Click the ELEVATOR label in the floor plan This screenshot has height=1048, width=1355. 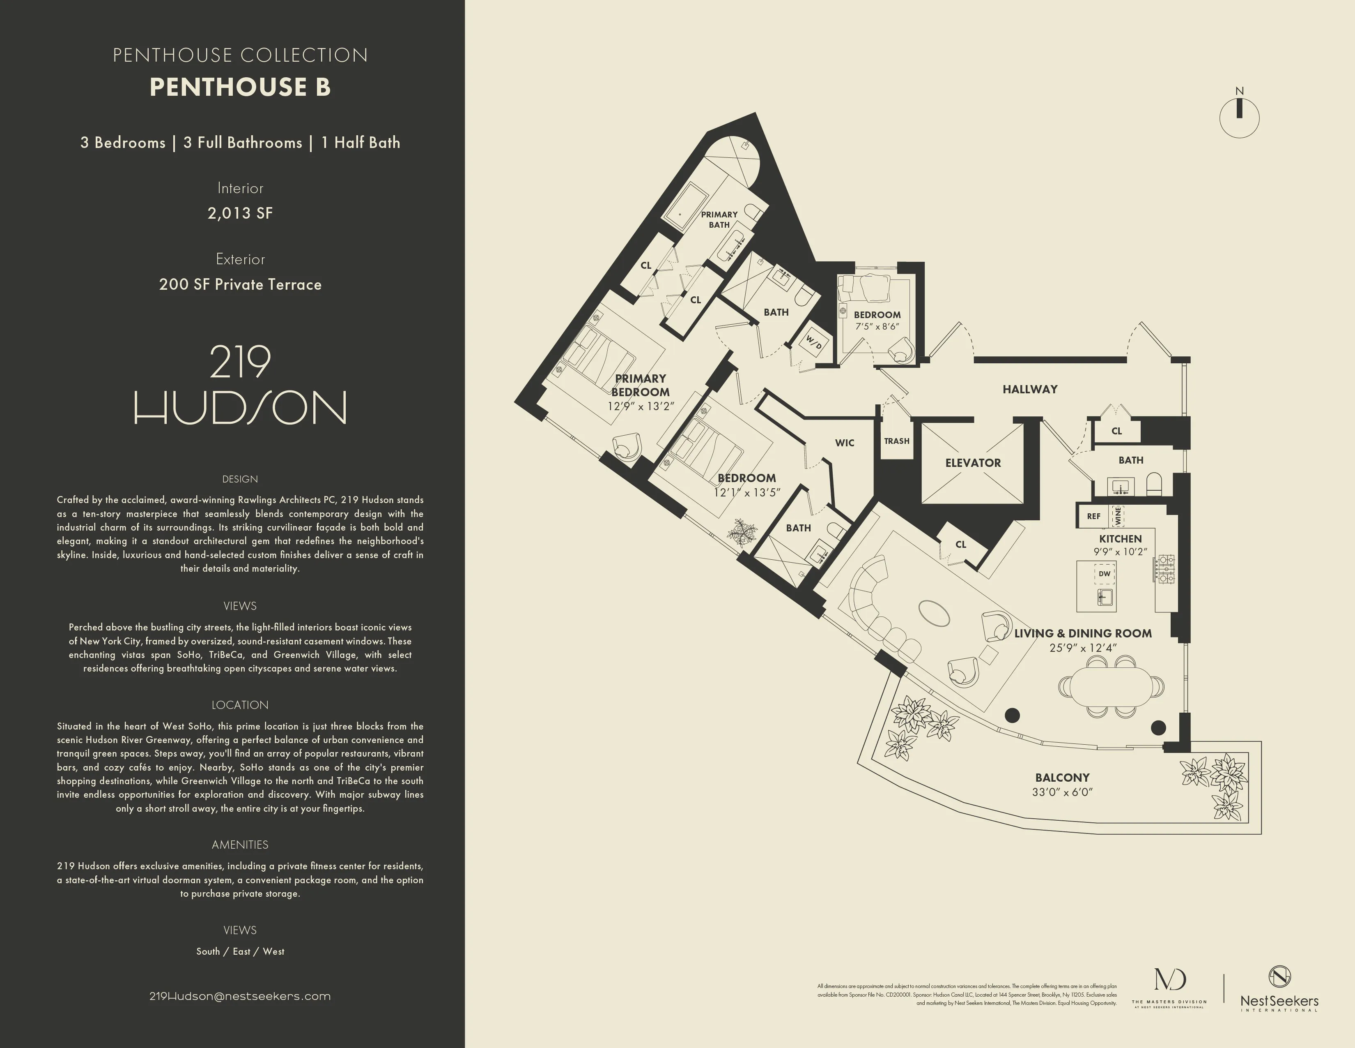tap(973, 462)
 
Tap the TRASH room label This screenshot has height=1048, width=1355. tap(896, 441)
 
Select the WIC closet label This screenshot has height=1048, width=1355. tap(844, 443)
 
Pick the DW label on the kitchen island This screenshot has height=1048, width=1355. tap(1105, 574)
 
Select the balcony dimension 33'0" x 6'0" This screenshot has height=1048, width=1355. tap(1062, 792)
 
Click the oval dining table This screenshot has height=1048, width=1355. tap(1111, 687)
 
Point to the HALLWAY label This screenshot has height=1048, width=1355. tap(1030, 389)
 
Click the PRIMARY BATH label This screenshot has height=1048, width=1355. tap(719, 219)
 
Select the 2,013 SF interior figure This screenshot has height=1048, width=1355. tap(240, 213)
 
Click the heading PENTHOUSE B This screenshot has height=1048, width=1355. tap(240, 87)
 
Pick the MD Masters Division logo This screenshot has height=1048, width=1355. tap(1169, 987)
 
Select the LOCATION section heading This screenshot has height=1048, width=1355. tap(240, 705)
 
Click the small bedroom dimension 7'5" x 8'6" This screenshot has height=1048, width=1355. tap(877, 327)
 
